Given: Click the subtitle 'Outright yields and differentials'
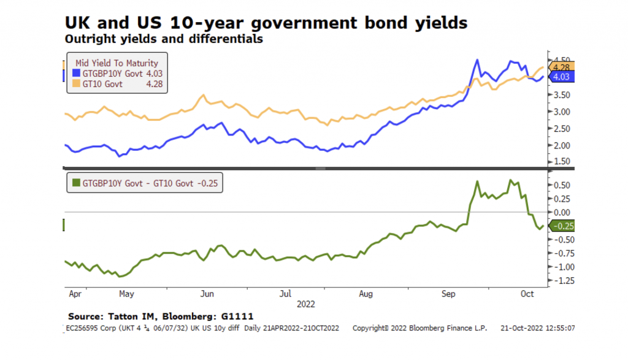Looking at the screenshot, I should tap(164, 39).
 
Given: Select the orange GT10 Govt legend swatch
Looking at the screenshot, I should tap(77, 84).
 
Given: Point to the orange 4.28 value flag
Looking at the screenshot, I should tap(562, 67).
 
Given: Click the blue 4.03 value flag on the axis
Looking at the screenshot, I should tap(562, 77).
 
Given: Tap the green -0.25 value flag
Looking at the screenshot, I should tap(562, 226).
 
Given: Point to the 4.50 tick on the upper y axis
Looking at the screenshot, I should tap(561, 61).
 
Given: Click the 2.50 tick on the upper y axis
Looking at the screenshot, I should tap(561, 128).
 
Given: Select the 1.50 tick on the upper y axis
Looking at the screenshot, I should tap(561, 161).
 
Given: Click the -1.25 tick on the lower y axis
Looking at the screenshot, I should tap(560, 281).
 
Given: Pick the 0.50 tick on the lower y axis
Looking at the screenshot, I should tap(561, 185).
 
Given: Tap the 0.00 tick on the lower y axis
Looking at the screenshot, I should tap(561, 212).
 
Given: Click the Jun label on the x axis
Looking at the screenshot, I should tap(207, 294).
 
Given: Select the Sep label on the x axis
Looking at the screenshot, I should tap(450, 294).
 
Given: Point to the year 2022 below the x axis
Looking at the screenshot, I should tap(306, 304).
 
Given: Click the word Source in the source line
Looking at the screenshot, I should tap(84, 316).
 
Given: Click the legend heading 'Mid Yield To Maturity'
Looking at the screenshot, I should tap(117, 63).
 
